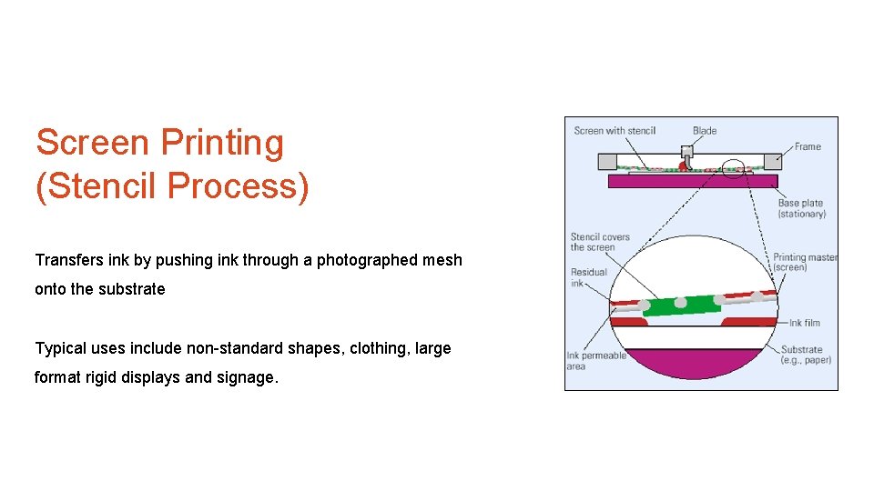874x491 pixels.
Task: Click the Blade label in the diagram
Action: pyautogui.click(x=705, y=131)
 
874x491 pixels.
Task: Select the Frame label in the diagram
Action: pyautogui.click(x=807, y=146)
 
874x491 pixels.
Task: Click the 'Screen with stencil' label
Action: pyautogui.click(x=615, y=131)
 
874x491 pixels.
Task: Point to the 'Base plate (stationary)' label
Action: pyautogui.click(x=801, y=209)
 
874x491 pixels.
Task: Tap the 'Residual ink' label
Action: pyautogui.click(x=588, y=277)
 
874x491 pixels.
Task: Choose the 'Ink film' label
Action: pyautogui.click(x=804, y=323)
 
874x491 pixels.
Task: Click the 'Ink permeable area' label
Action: pyautogui.click(x=596, y=361)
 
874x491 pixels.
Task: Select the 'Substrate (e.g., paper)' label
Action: pyautogui.click(x=806, y=355)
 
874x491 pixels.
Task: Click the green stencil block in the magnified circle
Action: pyautogui.click(x=682, y=306)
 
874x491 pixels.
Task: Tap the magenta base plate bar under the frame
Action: pyautogui.click(x=692, y=181)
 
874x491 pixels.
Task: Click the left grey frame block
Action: pyautogui.click(x=607, y=162)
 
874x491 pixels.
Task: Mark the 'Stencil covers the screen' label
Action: pyautogui.click(x=600, y=242)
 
